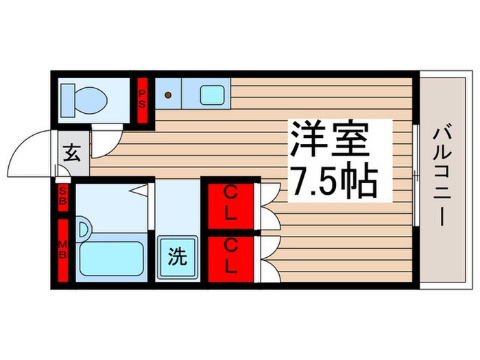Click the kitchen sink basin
point(213,95)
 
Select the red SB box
point(62,197)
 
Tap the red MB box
point(62,250)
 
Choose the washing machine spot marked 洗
point(178,257)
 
